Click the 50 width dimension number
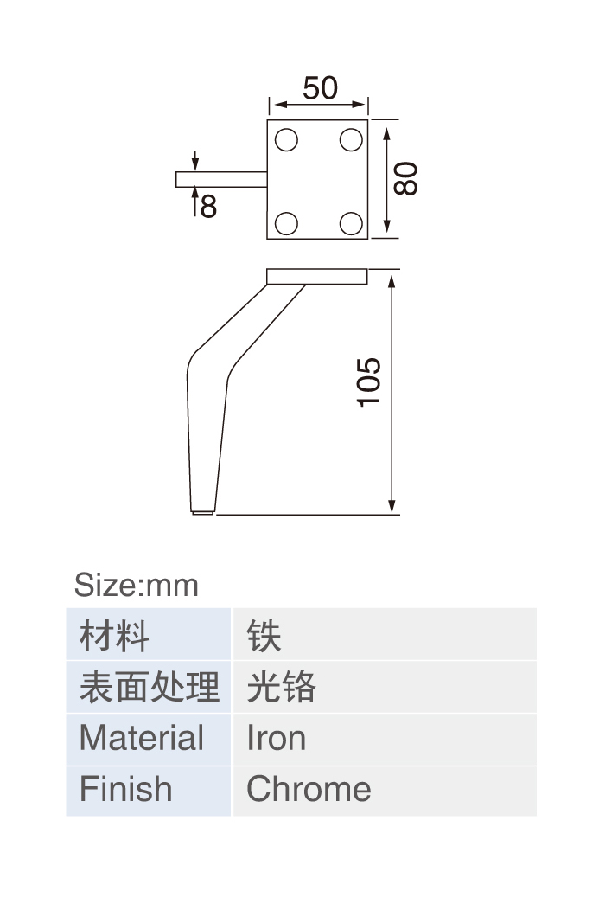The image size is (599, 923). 320,88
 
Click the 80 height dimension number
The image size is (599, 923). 406,178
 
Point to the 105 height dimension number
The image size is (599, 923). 369,382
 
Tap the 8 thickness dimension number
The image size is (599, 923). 208,208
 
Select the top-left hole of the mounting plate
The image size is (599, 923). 287,140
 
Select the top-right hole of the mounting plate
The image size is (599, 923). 351,140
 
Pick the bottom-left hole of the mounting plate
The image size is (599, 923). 287,224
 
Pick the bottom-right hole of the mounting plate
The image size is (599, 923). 351,224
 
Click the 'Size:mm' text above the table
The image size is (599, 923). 137,585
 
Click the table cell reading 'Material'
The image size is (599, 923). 149,740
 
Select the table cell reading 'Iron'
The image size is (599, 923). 385,740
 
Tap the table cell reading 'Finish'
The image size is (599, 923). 149,791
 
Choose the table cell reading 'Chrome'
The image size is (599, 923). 385,791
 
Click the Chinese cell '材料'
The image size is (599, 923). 149,634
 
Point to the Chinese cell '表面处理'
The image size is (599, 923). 149,687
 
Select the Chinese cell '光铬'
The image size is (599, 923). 385,687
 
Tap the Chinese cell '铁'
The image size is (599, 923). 385,634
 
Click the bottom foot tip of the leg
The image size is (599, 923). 203,513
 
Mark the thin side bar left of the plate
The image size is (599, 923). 222,180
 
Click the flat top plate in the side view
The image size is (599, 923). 317,277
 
